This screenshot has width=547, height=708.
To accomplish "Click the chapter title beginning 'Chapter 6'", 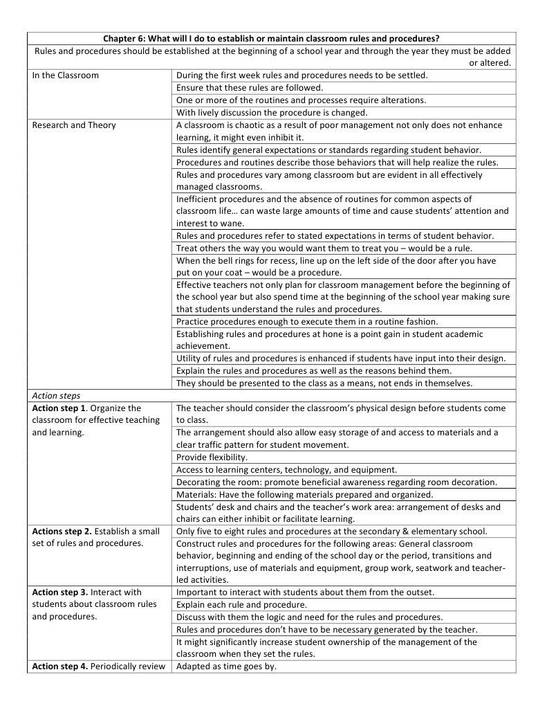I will point(272,38).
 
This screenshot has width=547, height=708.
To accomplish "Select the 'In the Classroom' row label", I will point(66,75).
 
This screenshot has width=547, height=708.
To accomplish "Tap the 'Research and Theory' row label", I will point(74,125).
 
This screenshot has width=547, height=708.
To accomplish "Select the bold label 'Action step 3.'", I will point(60,592).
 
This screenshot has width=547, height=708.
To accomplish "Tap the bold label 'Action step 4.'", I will point(60,666).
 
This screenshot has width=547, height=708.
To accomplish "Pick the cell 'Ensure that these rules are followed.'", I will point(250,88).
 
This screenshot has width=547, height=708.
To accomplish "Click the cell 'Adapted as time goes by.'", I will point(226,666).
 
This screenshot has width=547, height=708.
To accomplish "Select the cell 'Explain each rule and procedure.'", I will point(241,605).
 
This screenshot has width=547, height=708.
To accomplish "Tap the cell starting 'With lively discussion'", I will point(272,113).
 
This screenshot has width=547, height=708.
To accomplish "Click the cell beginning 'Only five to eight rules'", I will point(331,532).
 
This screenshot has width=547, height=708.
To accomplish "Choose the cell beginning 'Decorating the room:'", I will point(336,482).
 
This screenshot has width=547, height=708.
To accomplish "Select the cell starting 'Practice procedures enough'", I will point(306,322).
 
